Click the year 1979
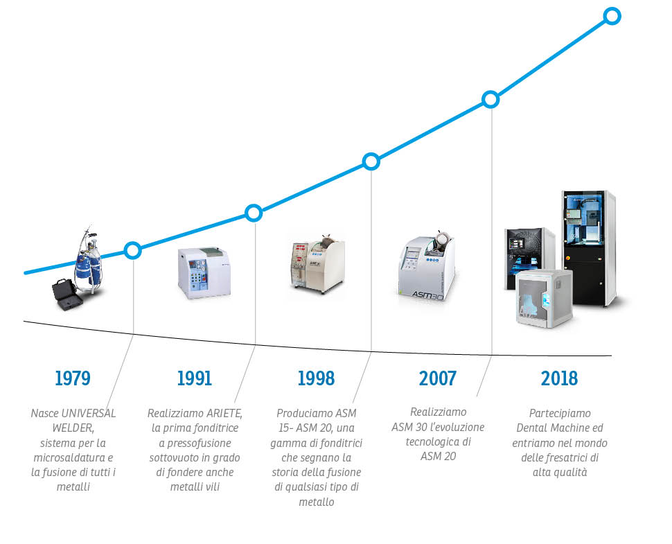coord(73,378)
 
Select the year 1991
coord(195,378)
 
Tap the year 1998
coord(317,378)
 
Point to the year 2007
coord(438,378)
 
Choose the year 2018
coord(559,378)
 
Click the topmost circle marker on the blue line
coord(612,17)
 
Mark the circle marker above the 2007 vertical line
coord(490,100)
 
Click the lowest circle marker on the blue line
coord(133,250)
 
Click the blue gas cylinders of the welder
coord(89,268)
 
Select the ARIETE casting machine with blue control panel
coord(204,272)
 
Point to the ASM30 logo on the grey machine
coord(427,295)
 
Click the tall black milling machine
coord(590,248)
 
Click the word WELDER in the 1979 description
coord(73,428)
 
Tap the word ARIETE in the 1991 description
coord(224,413)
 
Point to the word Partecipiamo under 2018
coord(560,413)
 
